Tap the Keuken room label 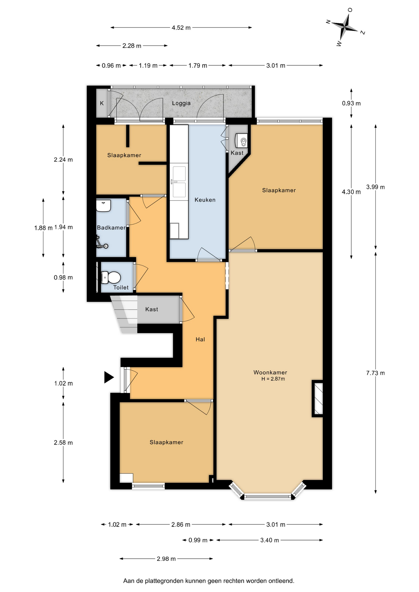(x=205, y=200)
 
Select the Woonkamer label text (x=270, y=372)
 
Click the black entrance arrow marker (x=109, y=377)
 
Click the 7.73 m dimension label (x=375, y=373)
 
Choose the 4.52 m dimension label (x=181, y=28)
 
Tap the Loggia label (x=181, y=103)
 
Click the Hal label (x=200, y=339)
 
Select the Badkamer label (x=111, y=228)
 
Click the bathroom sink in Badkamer (x=103, y=206)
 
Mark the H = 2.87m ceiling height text (x=273, y=379)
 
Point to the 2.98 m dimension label (x=166, y=559)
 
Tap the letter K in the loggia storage (x=102, y=103)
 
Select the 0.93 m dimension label (x=351, y=103)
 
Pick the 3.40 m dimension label (x=270, y=540)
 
